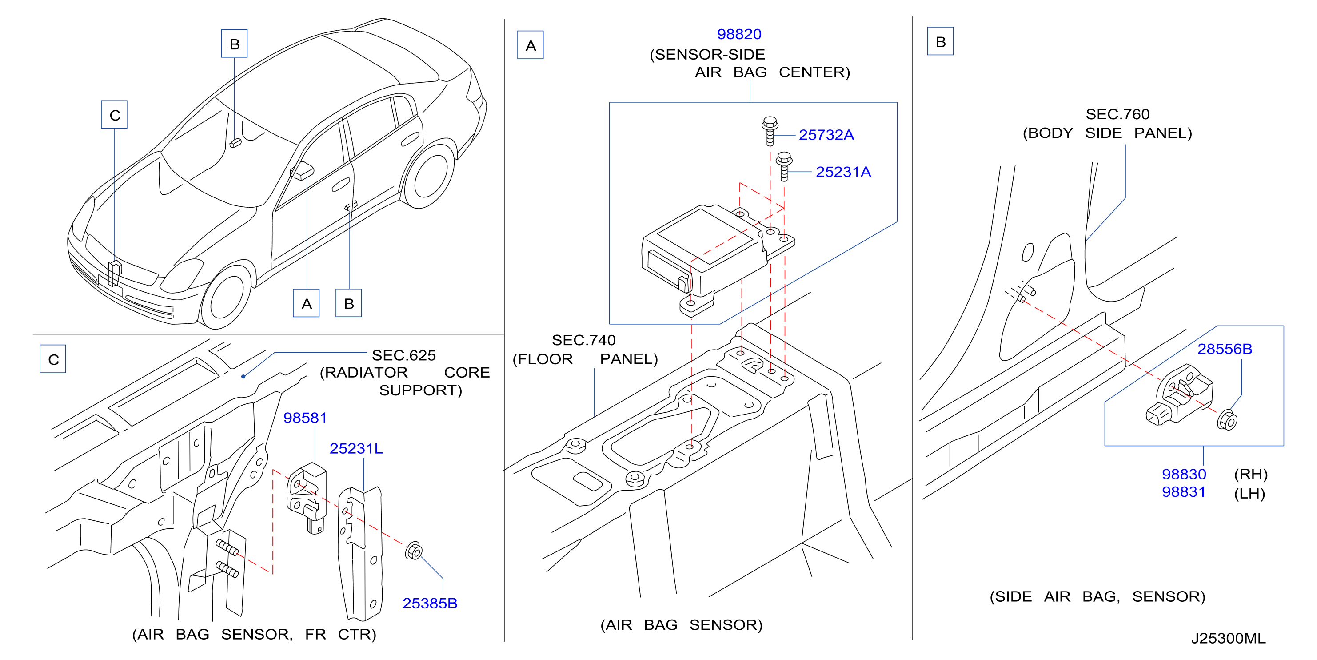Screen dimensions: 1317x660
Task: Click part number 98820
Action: (739, 34)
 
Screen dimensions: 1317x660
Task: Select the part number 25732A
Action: (826, 135)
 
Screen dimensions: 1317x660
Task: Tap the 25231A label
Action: (843, 172)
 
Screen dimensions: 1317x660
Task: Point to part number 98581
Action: (305, 418)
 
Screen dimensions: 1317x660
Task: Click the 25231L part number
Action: (356, 449)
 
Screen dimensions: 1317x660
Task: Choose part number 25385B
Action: (430, 604)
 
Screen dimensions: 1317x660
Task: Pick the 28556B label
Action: (1225, 349)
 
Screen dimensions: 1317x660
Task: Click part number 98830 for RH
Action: (1184, 474)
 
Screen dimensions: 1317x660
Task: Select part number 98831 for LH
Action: (1184, 492)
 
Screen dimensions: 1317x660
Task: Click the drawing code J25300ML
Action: (1229, 639)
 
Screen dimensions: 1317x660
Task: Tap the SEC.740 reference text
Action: (584, 340)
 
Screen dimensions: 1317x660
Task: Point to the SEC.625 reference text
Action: (404, 356)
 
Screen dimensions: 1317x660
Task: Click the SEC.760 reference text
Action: (1117, 114)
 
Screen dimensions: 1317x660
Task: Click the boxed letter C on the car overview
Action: (115, 115)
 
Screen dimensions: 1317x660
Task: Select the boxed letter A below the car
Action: (307, 303)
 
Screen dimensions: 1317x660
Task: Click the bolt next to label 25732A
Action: (770, 131)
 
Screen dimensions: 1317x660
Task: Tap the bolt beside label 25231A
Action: (784, 166)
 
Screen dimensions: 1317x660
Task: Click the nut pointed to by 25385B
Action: (414, 551)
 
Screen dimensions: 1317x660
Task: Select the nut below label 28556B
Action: (1228, 420)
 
